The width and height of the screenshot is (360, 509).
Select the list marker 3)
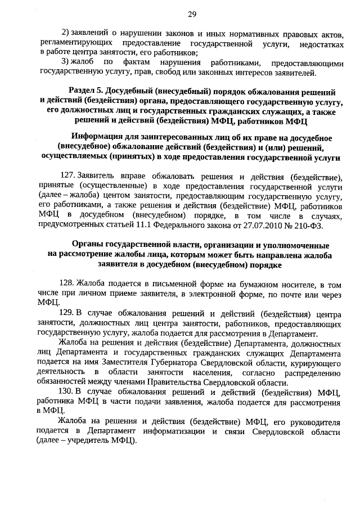[65, 61]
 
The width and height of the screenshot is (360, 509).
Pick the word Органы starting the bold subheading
[89, 246]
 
